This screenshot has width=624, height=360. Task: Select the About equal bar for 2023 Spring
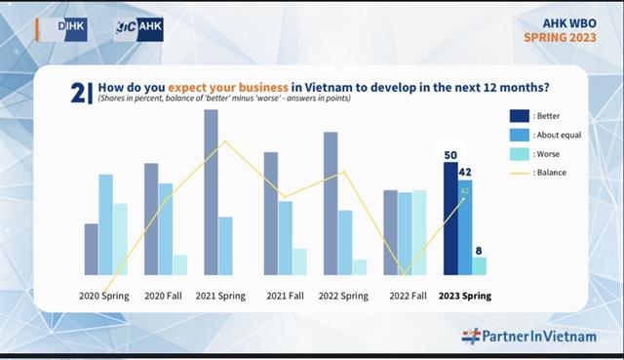(x=465, y=228)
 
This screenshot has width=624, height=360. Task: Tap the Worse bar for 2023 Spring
(x=479, y=265)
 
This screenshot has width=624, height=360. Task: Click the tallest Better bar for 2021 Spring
(x=211, y=191)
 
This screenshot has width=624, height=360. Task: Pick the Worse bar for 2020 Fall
(x=179, y=264)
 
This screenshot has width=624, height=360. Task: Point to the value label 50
(x=450, y=155)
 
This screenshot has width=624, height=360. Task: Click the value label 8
(x=479, y=251)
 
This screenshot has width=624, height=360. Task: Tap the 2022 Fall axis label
(x=409, y=295)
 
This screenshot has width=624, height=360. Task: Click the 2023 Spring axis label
(x=464, y=295)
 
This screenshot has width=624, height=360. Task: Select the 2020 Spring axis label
(x=103, y=295)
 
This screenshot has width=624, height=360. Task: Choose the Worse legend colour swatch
(x=520, y=153)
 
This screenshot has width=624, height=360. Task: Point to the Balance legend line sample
(x=520, y=173)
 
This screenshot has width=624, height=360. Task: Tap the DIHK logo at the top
(x=65, y=29)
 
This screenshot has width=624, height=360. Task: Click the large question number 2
(x=77, y=92)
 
